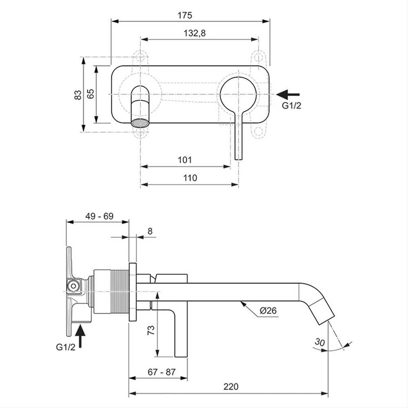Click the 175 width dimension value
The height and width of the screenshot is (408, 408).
(185, 16)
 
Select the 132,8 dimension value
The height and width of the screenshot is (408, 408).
(195, 33)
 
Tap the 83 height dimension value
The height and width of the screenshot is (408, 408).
(78, 95)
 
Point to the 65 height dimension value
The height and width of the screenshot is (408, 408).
(91, 94)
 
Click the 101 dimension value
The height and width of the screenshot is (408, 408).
(185, 160)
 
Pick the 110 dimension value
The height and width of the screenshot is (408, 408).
(190, 178)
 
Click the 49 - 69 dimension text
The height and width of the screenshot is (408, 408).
(100, 216)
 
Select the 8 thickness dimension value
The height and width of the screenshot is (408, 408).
(150, 231)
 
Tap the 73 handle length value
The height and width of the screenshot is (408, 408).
(151, 330)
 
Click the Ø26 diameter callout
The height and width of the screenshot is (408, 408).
(268, 310)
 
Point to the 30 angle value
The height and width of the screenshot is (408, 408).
(319, 342)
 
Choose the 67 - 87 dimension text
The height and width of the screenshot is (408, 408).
(162, 372)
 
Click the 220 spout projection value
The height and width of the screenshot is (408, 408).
(231, 387)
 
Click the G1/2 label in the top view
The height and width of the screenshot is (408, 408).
(291, 105)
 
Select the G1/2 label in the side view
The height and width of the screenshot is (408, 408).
(65, 347)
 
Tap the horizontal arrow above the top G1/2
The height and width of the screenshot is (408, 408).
(288, 95)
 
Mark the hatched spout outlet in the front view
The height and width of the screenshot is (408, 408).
(140, 123)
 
